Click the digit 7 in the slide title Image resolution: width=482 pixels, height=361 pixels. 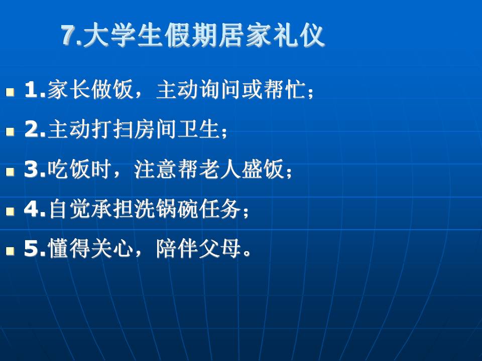[x=68, y=35]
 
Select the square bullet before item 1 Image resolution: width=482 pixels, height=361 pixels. [x=10, y=92]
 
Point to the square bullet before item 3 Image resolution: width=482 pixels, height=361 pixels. [x=10, y=171]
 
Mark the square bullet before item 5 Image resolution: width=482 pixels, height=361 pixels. [x=10, y=251]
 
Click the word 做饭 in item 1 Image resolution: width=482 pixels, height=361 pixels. [x=112, y=89]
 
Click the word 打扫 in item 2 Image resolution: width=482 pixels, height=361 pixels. [x=112, y=129]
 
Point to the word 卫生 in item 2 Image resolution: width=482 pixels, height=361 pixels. [x=198, y=129]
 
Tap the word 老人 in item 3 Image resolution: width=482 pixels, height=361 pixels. [x=220, y=169]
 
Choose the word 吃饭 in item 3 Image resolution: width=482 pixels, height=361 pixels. [x=69, y=169]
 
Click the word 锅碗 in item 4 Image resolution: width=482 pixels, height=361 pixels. [x=177, y=209]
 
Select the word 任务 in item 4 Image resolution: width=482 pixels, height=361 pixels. [x=220, y=209]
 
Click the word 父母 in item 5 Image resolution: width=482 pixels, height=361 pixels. [x=220, y=249]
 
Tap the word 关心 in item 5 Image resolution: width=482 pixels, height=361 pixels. [x=112, y=249]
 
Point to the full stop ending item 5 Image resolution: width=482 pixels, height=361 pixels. [x=247, y=254]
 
